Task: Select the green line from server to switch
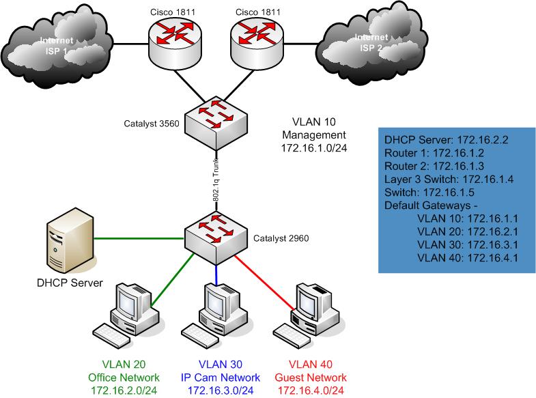(x=137, y=239)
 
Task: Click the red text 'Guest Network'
(x=311, y=378)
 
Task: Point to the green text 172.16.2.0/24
(x=125, y=390)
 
